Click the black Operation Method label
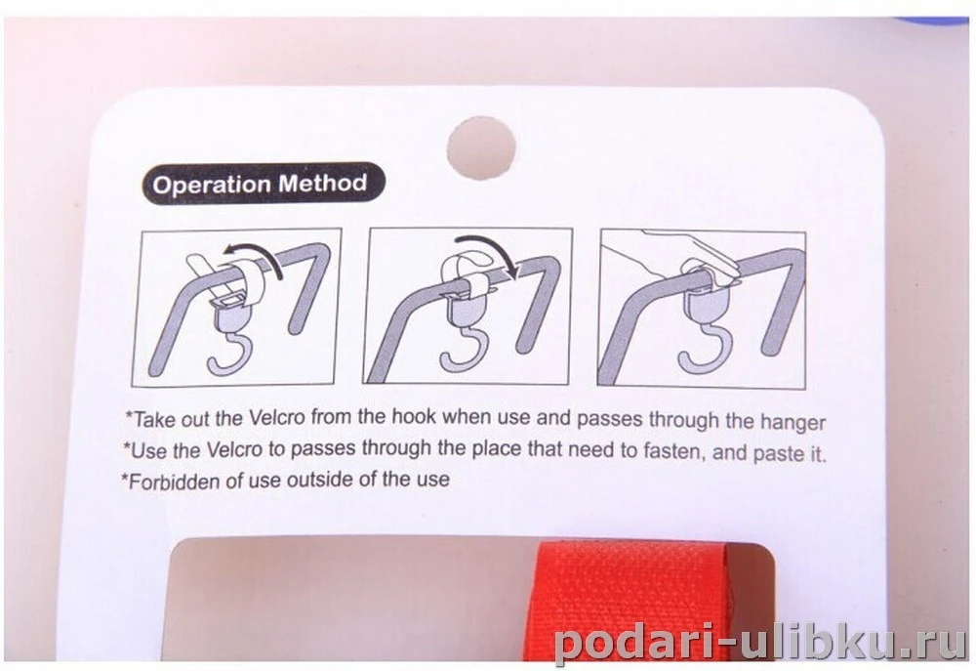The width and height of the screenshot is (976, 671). point(264,184)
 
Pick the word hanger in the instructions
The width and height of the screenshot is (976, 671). point(793,422)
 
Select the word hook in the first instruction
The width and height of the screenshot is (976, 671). point(413,416)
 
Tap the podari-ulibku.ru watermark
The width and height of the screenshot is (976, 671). point(758,637)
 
